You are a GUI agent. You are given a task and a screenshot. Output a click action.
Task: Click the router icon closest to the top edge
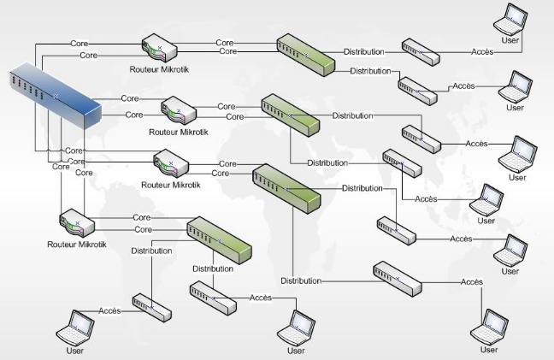click(158, 46)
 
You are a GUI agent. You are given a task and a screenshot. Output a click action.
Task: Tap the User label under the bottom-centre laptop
click(296, 351)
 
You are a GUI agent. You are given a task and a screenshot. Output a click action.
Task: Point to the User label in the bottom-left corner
click(75, 351)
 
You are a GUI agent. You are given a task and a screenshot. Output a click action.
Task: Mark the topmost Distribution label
click(364, 51)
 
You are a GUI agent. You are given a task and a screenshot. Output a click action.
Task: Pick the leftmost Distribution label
click(150, 251)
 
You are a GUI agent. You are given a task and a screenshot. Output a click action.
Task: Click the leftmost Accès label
click(109, 310)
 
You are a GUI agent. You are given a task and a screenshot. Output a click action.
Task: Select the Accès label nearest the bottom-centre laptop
click(261, 298)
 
